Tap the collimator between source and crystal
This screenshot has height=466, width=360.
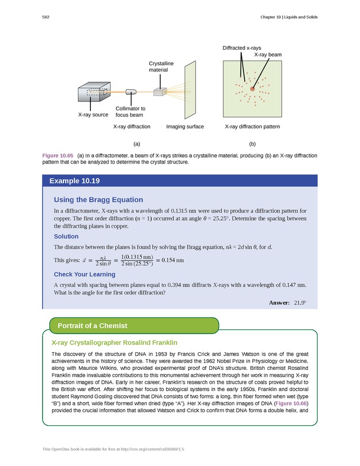point(131,91)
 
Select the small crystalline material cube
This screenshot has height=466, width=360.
point(159,91)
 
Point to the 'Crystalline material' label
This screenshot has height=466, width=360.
point(161,66)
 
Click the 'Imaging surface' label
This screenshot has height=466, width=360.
point(185,126)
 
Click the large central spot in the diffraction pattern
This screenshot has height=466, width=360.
point(252,89)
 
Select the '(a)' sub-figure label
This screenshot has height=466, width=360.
point(137,144)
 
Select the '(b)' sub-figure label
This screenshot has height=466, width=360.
point(252,144)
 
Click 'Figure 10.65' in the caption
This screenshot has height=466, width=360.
point(58,156)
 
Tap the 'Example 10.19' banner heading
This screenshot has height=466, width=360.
point(74,181)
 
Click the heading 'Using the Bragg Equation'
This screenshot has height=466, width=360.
point(98,200)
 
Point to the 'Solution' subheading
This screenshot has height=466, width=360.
point(66,236)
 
